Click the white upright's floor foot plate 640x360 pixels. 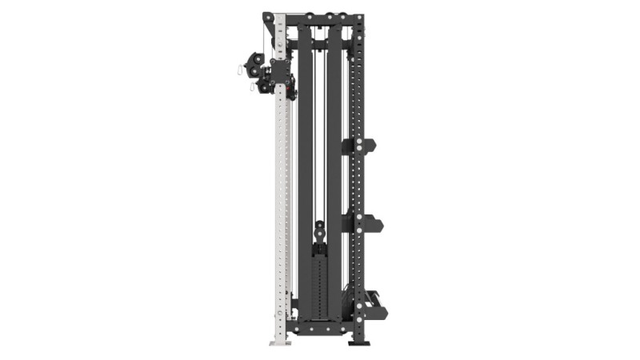280,342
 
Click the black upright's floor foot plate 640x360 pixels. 359,342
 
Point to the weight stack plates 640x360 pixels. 320,280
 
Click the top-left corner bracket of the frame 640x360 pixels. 269,17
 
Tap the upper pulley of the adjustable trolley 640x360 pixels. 258,59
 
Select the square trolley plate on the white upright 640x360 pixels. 281,72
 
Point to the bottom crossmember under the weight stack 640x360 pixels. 320,326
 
